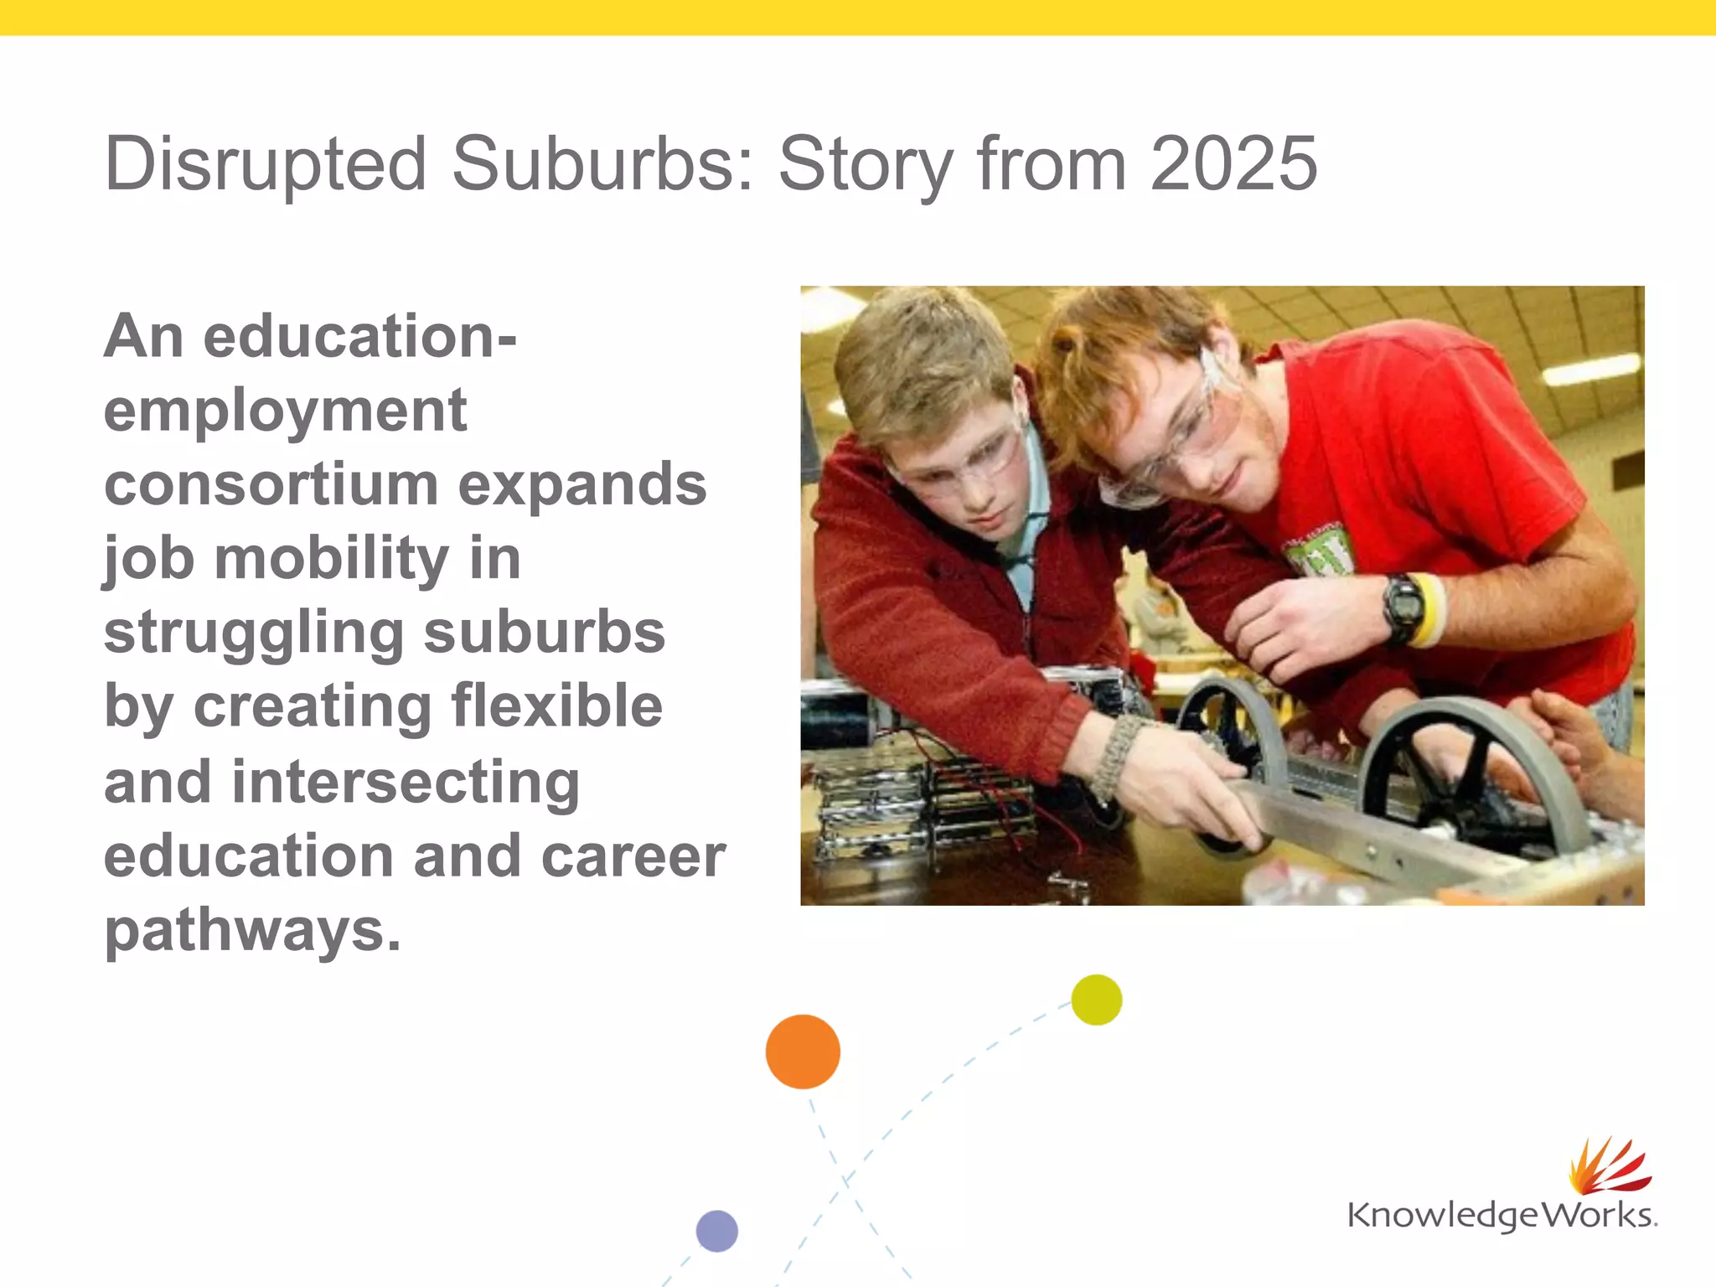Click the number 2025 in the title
click(1233, 164)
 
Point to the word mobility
click(332, 559)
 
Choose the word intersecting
click(406, 781)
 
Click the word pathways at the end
click(252, 930)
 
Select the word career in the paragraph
click(633, 856)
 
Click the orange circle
click(803, 1052)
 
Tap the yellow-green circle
click(1096, 1000)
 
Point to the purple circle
click(717, 1231)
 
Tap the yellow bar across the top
click(858, 17)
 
